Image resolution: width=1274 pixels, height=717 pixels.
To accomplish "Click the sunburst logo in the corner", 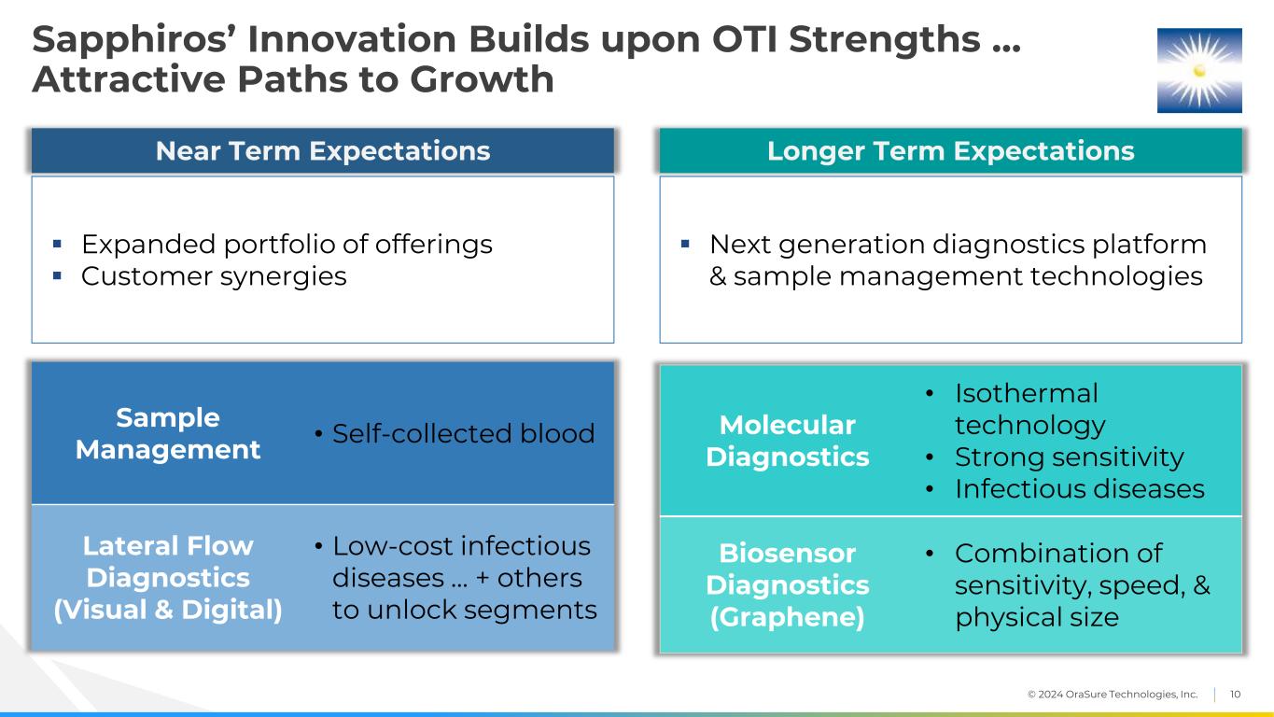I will [1199, 70].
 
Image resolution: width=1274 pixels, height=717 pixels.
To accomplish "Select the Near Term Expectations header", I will [322, 150].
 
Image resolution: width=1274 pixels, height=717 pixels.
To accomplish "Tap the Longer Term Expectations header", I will [950, 150].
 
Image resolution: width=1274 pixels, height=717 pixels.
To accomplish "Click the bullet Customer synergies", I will [214, 276].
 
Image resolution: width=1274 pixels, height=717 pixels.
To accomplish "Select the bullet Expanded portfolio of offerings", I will [287, 245].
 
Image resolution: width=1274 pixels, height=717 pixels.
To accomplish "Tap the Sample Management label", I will [168, 433].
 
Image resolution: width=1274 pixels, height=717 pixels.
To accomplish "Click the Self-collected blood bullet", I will [463, 433].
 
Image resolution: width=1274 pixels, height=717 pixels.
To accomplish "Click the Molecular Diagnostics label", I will [787, 441].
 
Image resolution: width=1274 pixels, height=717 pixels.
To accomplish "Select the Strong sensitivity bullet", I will [1069, 457].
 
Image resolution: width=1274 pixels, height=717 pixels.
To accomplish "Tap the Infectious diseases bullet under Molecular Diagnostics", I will [1079, 489].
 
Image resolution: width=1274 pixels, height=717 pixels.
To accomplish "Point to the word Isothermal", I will [1026, 393].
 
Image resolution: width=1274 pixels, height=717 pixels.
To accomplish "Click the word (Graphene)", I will [787, 617].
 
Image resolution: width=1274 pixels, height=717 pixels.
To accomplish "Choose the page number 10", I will [1235, 694].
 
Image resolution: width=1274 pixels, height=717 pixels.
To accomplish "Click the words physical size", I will [1037, 617].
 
